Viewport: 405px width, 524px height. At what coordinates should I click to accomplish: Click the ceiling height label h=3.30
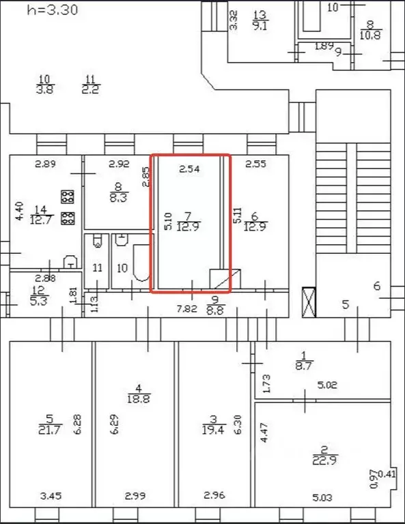coord(52,10)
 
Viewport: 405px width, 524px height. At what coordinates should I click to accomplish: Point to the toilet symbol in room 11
coord(98,240)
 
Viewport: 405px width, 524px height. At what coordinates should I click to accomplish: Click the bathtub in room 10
coord(139,266)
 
